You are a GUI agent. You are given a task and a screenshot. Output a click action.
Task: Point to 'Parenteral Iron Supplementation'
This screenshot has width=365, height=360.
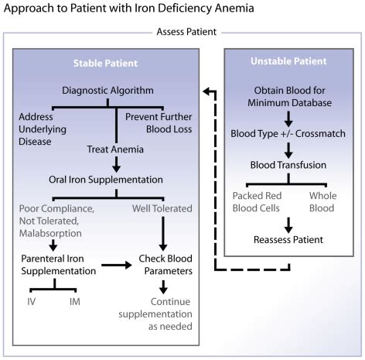(x=58, y=266)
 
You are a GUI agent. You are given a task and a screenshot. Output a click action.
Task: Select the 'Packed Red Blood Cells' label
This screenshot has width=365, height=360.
(x=258, y=203)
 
